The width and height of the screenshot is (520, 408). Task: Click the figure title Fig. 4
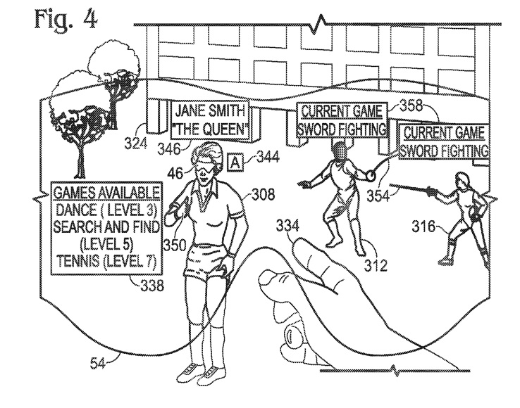(x=66, y=18)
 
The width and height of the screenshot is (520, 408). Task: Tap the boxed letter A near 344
(x=235, y=162)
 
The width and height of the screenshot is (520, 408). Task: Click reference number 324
(x=136, y=144)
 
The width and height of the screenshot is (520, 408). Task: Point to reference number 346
(x=169, y=148)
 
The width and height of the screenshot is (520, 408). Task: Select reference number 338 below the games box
(x=153, y=285)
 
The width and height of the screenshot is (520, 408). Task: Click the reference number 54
(x=97, y=363)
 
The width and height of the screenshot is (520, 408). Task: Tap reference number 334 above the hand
(x=287, y=227)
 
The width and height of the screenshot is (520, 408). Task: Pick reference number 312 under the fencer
(x=376, y=265)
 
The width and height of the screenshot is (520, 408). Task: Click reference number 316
(x=423, y=227)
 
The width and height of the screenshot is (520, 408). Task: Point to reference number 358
(x=411, y=106)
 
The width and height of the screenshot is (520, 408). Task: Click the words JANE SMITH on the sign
(x=210, y=110)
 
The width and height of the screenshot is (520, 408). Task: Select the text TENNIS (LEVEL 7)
(x=106, y=261)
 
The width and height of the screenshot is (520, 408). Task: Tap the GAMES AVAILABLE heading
(x=107, y=193)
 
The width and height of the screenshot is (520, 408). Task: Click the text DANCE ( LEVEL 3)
(x=107, y=210)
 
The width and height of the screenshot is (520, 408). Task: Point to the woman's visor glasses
(x=205, y=170)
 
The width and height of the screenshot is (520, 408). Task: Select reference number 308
(x=264, y=194)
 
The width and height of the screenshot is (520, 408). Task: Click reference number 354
(x=378, y=196)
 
